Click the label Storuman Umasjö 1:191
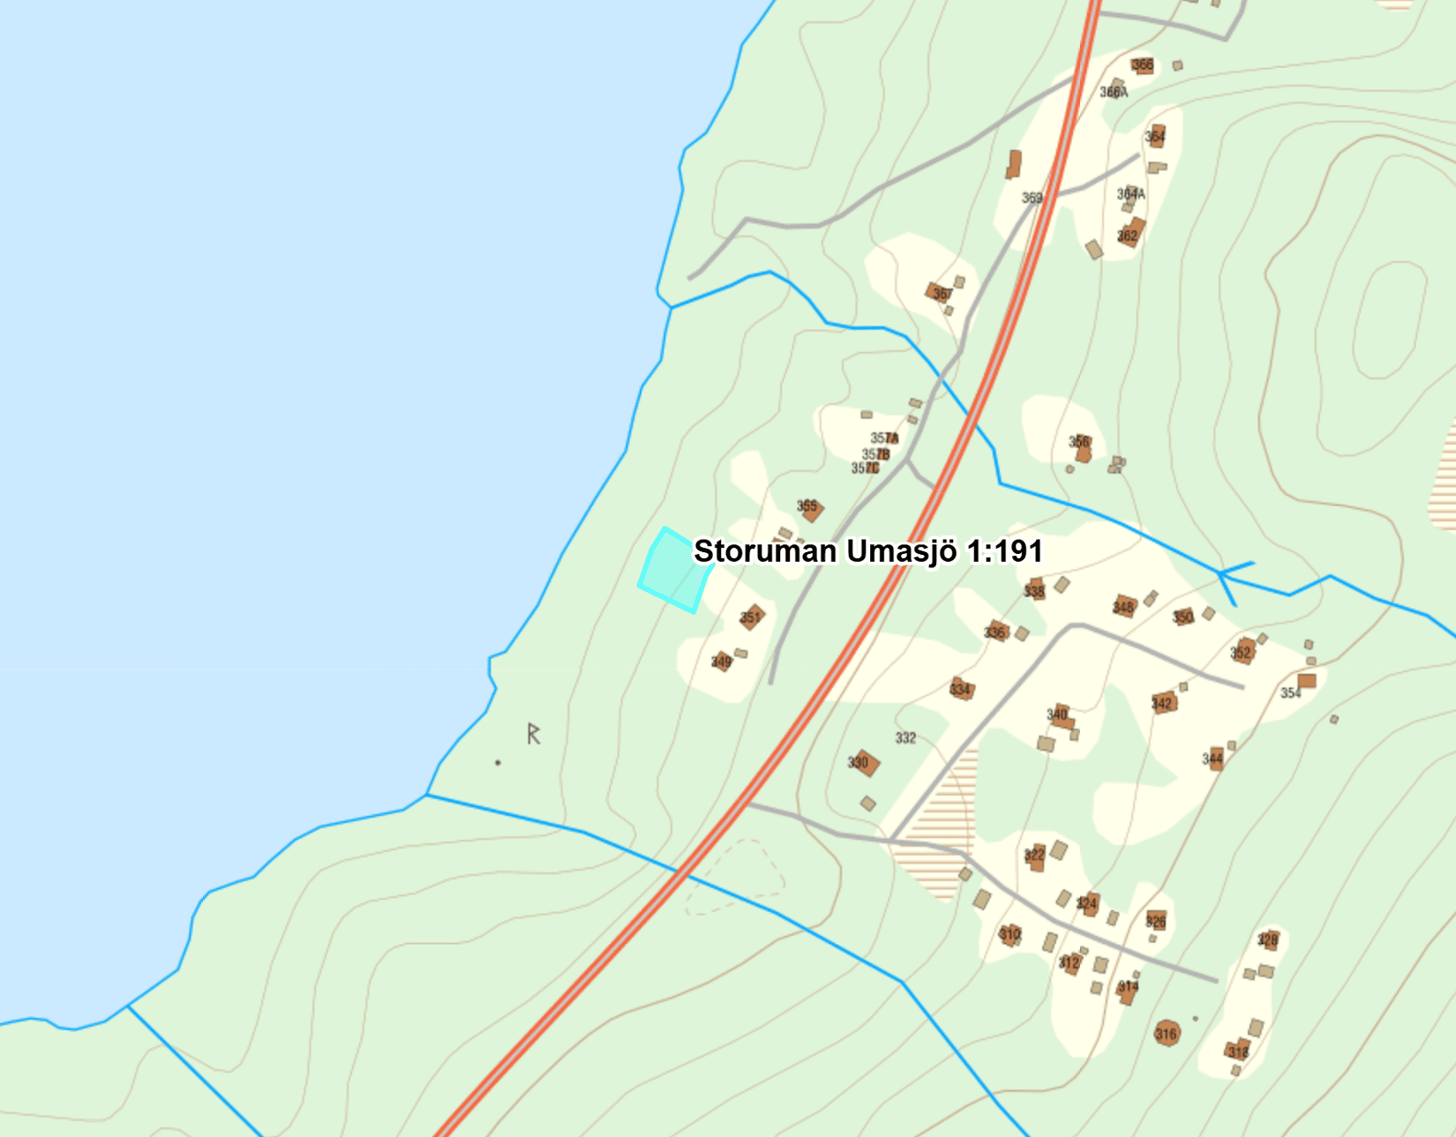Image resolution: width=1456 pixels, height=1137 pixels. [x=867, y=551]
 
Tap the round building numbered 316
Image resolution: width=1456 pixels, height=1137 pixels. [x=1167, y=1033]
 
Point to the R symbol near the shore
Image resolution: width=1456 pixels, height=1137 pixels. [x=533, y=734]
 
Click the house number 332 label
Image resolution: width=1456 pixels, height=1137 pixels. [x=905, y=738]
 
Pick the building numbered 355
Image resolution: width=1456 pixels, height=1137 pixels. [x=810, y=508]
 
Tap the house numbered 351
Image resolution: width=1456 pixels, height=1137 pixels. [x=751, y=617]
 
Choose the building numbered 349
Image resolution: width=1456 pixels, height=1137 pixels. [x=723, y=662]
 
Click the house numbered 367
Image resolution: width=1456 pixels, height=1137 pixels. [x=940, y=293]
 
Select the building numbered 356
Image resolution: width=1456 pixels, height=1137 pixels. [x=1082, y=447]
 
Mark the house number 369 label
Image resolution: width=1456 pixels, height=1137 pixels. [x=1032, y=198]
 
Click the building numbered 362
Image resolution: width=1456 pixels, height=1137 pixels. [x=1130, y=234]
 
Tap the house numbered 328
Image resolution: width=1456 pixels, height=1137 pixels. [x=1268, y=940]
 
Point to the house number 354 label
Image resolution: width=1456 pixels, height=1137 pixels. [x=1291, y=693]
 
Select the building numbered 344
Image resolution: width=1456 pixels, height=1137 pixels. [x=1214, y=759]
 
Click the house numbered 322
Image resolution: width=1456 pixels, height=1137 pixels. [x=1035, y=856]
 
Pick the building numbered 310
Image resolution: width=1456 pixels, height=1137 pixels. [x=1010, y=934]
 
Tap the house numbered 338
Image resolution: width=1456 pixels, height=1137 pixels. [x=1035, y=590]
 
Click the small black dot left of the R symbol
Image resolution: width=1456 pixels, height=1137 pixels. [x=498, y=763]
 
